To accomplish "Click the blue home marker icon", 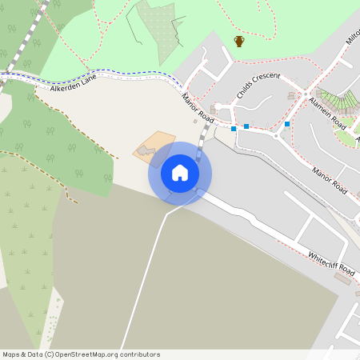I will pos(179,173).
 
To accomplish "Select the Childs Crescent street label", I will pos(258,88).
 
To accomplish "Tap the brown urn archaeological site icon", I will pos(238,42).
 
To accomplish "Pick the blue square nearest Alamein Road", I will pos(287,124).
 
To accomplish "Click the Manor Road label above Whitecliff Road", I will pos(330,180).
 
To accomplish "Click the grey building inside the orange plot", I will pos(146,150).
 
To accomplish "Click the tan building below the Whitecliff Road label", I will pos(344,278).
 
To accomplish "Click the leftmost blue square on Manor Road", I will pos(234,128).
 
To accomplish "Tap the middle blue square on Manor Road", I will pos(246,126).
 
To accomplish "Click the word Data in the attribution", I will pos(33,354).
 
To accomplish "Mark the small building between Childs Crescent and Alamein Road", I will pos(291,96).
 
